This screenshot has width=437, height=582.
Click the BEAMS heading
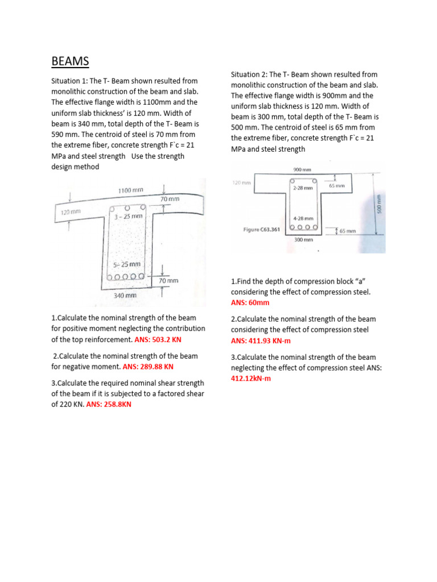70,61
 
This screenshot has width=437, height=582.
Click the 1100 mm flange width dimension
130,190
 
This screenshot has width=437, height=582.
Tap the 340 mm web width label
125,296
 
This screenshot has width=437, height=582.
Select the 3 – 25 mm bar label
128,217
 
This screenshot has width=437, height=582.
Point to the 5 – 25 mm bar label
127,264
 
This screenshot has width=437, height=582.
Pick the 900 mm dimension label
303,169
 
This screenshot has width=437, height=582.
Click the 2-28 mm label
303,188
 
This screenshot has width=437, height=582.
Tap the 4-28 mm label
303,218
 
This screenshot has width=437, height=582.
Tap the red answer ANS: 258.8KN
109,405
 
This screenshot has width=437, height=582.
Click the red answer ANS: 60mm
250,303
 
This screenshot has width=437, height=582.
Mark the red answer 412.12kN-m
251,379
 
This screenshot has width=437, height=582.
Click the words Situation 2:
249,74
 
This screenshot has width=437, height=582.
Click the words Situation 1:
69,81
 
